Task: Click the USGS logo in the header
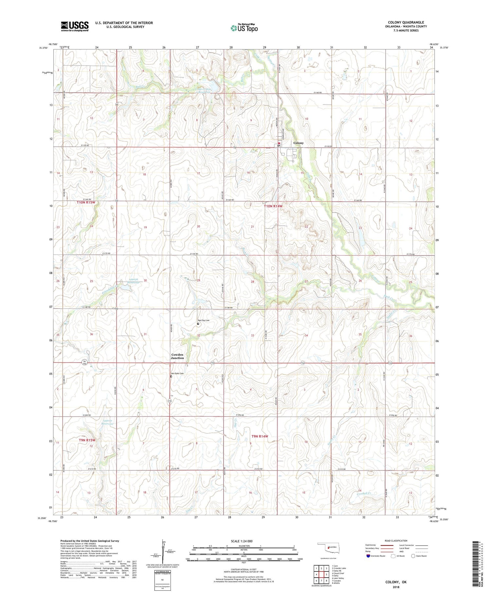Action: click(x=75, y=26)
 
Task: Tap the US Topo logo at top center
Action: click(x=244, y=28)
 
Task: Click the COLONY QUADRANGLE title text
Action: click(x=406, y=22)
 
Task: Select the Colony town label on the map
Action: click(x=298, y=143)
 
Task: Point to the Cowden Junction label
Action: click(x=177, y=356)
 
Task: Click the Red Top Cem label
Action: click(x=203, y=320)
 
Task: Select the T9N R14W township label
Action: click(x=260, y=436)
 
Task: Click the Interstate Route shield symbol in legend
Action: click(x=368, y=556)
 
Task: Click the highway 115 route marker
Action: click(x=170, y=401)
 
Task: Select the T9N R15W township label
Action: click(x=87, y=440)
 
